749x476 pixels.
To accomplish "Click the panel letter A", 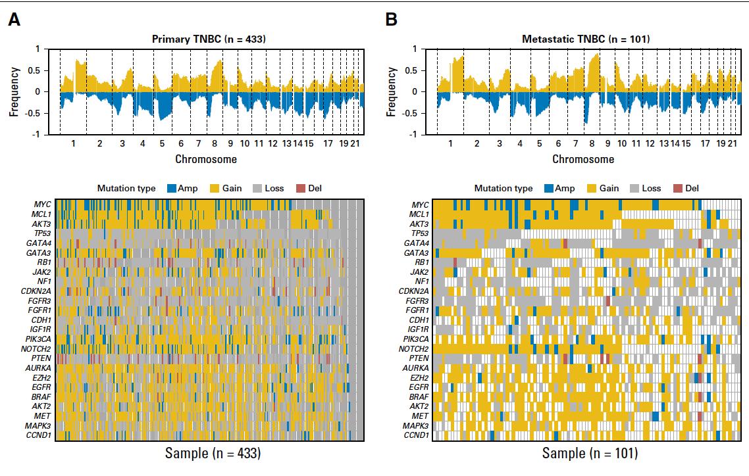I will tap(14, 20).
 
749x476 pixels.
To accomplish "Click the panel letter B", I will tap(391, 20).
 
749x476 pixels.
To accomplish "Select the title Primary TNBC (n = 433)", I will tap(208, 39).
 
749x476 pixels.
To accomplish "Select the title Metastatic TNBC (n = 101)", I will tap(586, 39).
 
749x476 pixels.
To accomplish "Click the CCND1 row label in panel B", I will tap(416, 435).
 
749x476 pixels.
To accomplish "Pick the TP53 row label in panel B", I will tap(418, 233).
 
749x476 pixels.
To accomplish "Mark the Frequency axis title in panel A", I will tap(14, 91).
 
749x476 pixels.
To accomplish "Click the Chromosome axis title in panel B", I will tap(583, 159).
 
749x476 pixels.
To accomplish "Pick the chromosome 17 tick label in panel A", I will tap(328, 144).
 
